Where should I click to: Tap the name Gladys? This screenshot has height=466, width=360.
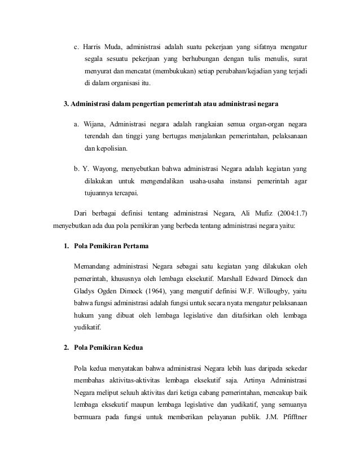(x=86, y=292)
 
